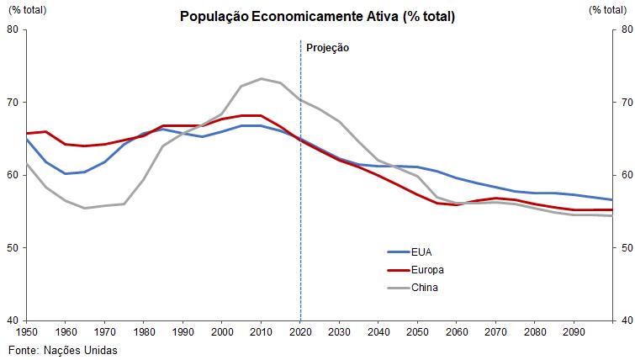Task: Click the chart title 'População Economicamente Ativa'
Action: [x=317, y=17]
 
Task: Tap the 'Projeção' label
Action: [x=327, y=48]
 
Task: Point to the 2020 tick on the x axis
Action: [x=300, y=333]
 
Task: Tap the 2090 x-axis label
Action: [x=574, y=333]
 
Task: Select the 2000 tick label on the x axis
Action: [x=222, y=333]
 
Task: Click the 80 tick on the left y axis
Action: [x=13, y=29]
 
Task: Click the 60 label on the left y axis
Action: [x=13, y=175]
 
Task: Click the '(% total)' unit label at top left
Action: [x=28, y=9]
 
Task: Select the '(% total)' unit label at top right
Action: [x=608, y=9]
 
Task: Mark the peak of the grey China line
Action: [x=261, y=78]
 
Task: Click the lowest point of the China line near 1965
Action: [x=85, y=208]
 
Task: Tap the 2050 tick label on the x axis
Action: [x=418, y=333]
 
